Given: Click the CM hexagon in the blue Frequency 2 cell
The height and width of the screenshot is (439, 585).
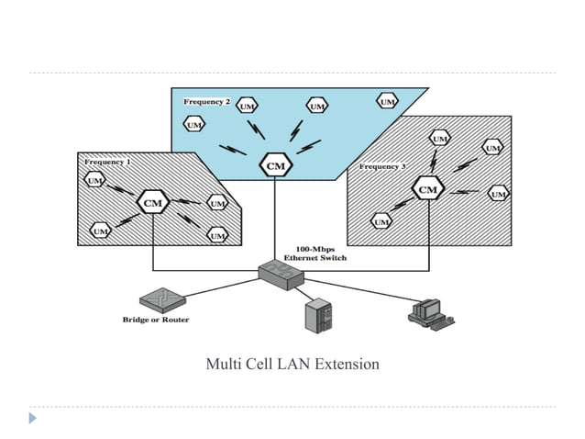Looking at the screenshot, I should (x=275, y=165).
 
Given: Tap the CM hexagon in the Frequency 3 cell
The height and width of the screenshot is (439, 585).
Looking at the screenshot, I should (x=427, y=189).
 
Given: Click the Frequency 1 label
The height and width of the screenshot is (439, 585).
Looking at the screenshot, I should (x=107, y=162).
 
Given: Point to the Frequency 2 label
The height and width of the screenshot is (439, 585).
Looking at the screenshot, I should (x=206, y=101).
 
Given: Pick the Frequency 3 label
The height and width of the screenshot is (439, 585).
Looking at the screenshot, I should (x=381, y=167).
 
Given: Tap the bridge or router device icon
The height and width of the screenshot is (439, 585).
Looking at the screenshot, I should (x=163, y=299).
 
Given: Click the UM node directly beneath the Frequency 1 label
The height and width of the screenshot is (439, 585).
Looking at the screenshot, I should (x=94, y=181).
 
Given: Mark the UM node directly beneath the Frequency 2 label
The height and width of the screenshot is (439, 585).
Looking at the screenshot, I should (x=194, y=124).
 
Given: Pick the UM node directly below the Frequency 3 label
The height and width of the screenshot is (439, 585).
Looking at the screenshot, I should (x=381, y=221).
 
